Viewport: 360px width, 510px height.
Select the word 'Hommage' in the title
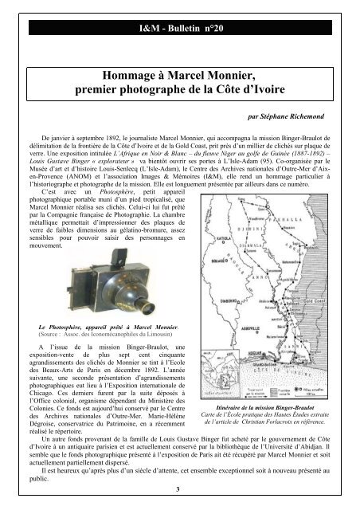pos(103,78)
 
